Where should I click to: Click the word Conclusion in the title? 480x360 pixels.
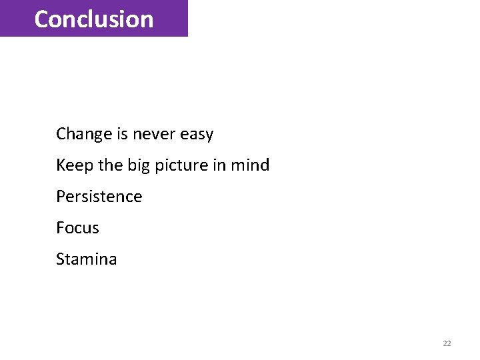coord(93,19)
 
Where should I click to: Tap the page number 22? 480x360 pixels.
coord(447,343)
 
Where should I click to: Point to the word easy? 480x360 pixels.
coord(197,135)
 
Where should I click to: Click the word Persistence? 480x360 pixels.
coord(99,197)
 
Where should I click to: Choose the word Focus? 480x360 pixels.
coord(77,228)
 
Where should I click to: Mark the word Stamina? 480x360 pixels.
coord(86,259)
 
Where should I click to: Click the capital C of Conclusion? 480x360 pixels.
coord(41,19)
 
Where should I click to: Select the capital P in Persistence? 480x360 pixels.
coord(60,197)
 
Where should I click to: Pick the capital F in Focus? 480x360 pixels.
coord(60,228)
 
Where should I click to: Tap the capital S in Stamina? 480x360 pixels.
coord(60,259)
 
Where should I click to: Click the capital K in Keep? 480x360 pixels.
coord(60,165)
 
